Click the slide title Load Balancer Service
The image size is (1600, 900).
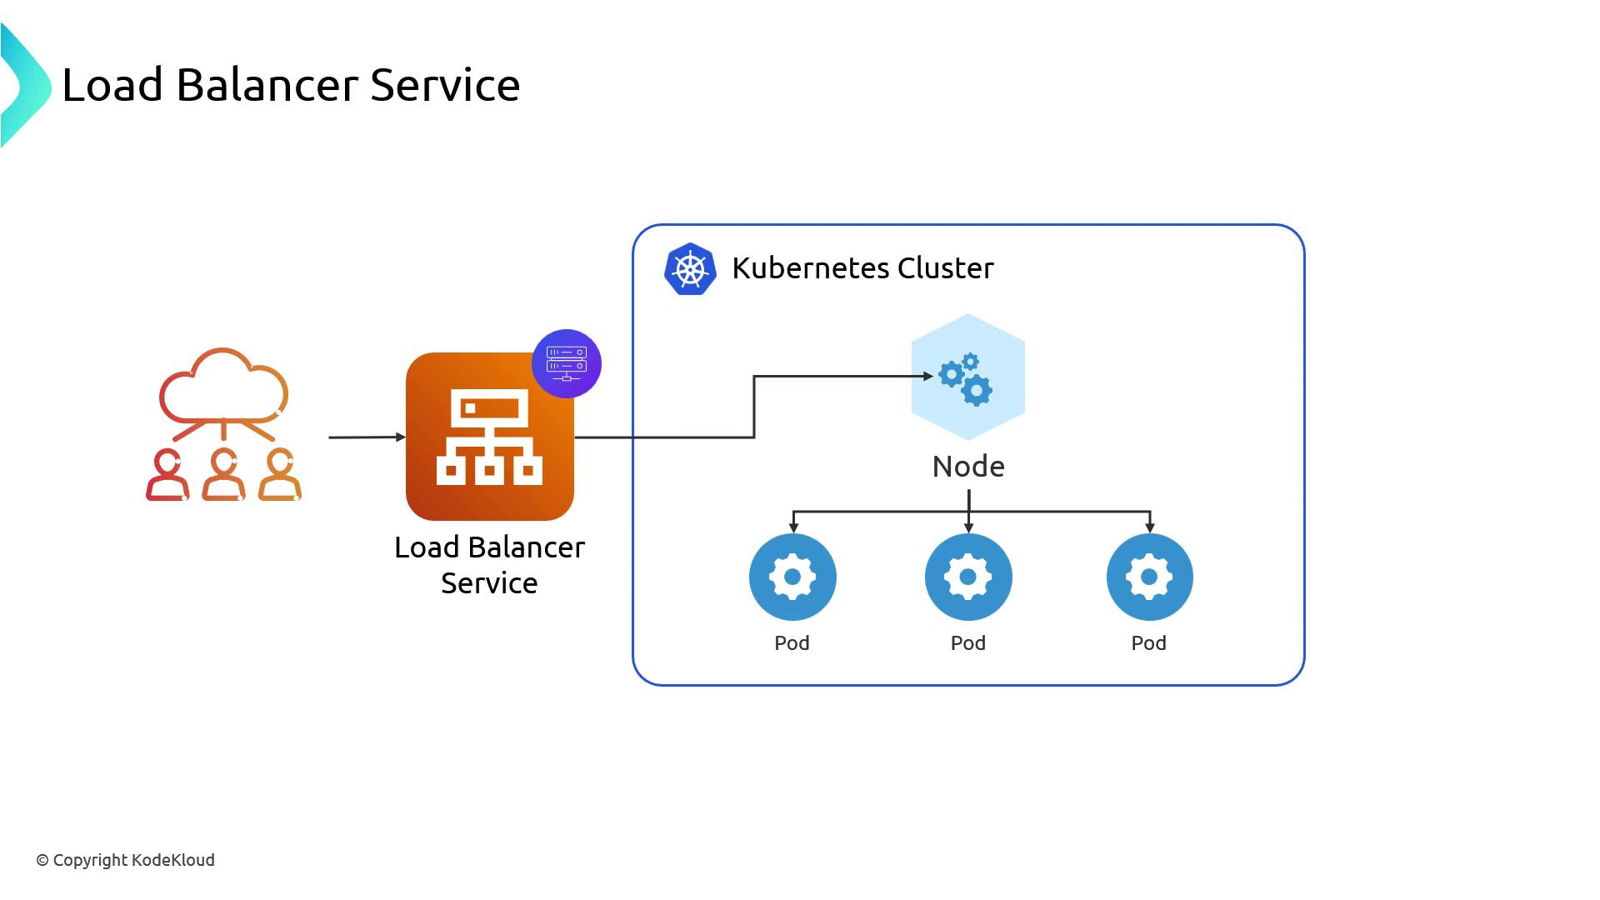[x=291, y=85]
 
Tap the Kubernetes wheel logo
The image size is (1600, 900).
[x=690, y=269]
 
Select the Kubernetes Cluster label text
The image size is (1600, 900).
[x=862, y=268]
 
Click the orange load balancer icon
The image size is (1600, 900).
[x=489, y=437]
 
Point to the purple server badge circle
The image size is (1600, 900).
[x=567, y=363]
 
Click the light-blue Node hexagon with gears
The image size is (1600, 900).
[x=967, y=377]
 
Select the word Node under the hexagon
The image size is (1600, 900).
[x=968, y=467]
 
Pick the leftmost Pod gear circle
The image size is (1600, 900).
[x=792, y=577]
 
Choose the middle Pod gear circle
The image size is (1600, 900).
[x=968, y=577]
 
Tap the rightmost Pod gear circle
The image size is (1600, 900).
[x=1149, y=577]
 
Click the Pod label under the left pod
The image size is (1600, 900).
[x=792, y=643]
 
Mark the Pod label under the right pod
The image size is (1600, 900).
[x=1148, y=643]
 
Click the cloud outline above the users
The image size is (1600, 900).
[x=223, y=384]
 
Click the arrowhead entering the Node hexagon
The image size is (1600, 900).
[x=927, y=377]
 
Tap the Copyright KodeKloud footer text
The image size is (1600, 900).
[x=125, y=860]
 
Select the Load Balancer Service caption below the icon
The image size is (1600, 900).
[x=489, y=565]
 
